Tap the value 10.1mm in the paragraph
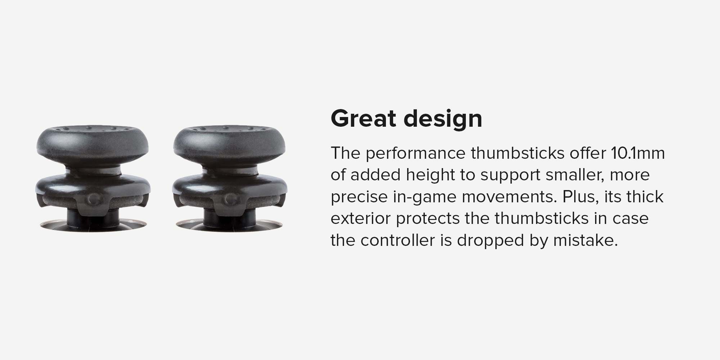tap(638, 153)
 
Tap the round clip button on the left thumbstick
tap(94, 199)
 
